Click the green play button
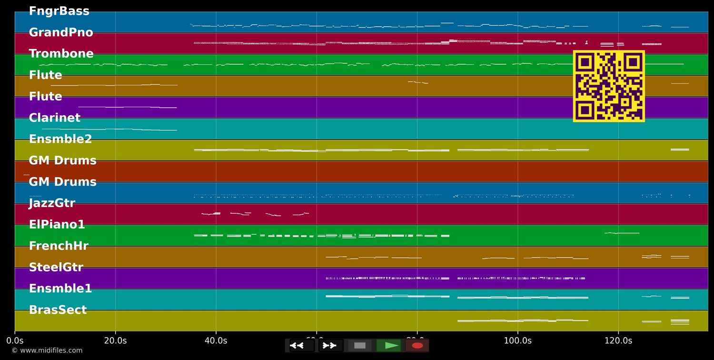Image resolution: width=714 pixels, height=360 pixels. (388, 345)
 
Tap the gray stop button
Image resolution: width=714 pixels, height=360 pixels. (360, 345)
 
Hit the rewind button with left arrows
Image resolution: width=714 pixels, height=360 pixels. (302, 345)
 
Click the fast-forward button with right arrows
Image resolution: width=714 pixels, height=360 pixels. (331, 345)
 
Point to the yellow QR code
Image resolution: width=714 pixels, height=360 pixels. (609, 86)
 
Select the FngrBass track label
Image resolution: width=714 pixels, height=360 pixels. (59, 11)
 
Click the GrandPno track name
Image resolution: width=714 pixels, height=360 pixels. (61, 33)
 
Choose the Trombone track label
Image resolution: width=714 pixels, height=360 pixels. (61, 54)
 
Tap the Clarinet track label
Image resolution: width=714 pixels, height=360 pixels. (55, 118)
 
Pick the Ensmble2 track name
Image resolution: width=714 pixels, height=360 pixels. (60, 140)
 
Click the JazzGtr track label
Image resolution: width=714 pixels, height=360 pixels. (52, 203)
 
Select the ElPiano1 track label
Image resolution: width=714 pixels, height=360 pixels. (57, 225)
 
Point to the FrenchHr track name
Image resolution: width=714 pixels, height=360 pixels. (59, 246)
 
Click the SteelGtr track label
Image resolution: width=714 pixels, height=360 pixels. (56, 268)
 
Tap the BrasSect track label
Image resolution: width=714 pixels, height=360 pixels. (58, 310)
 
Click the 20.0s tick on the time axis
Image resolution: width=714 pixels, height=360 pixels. (115, 341)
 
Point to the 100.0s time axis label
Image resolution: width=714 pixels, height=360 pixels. (517, 341)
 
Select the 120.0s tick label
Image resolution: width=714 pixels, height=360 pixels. (618, 341)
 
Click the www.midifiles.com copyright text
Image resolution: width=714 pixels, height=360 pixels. (47, 350)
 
